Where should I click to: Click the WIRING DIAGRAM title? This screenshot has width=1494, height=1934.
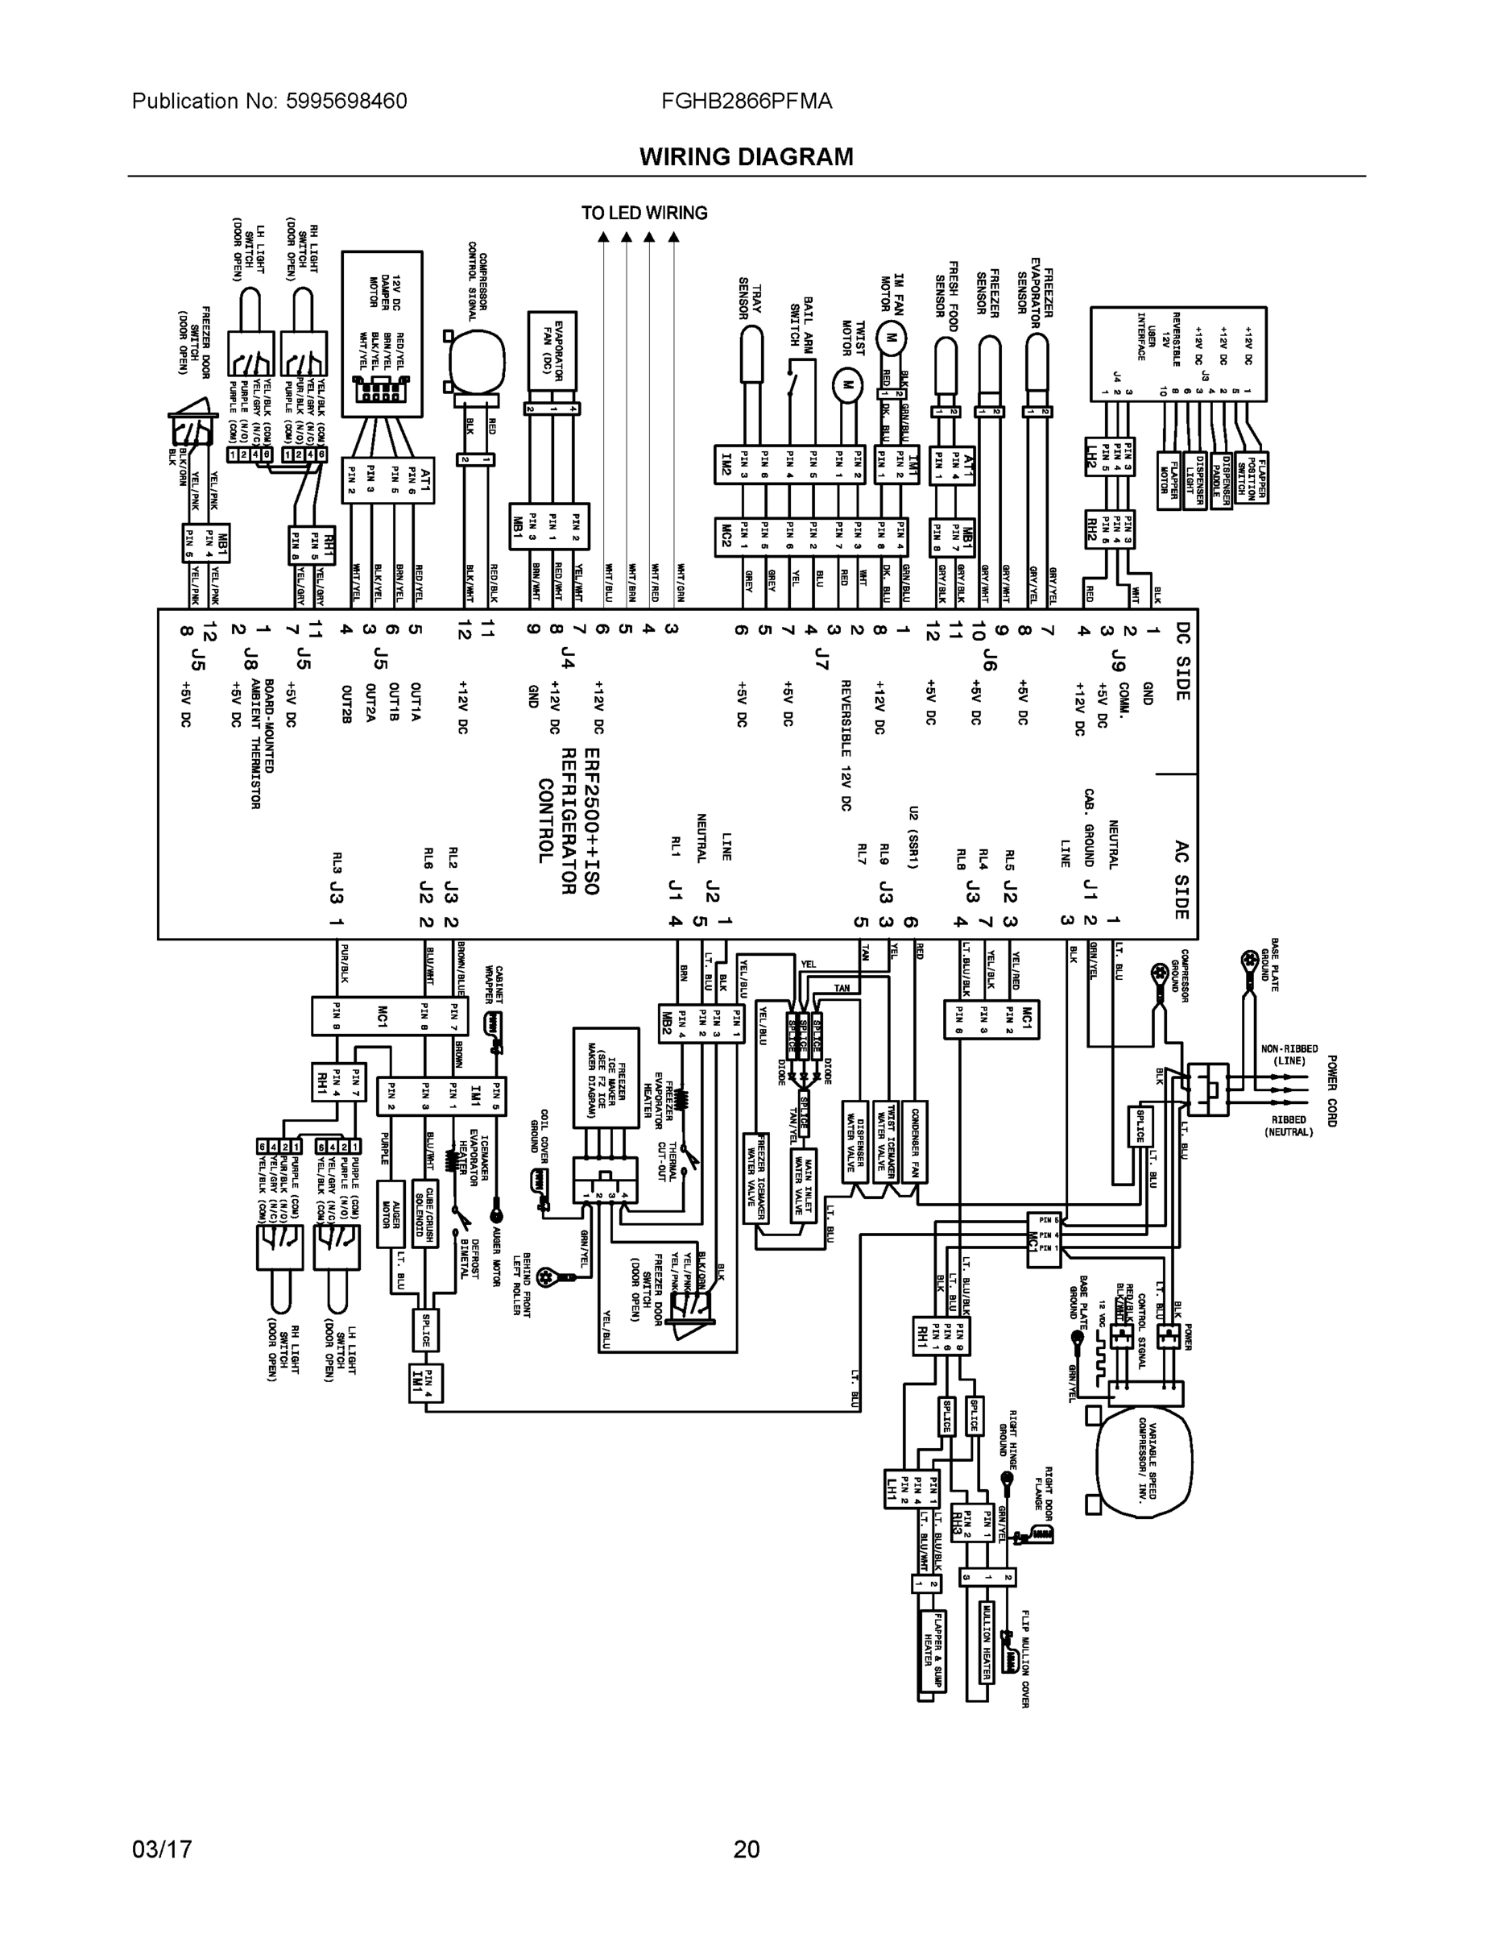click(746, 157)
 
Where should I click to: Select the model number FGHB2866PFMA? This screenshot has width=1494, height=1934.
click(746, 101)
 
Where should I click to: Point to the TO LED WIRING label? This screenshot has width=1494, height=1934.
click(644, 214)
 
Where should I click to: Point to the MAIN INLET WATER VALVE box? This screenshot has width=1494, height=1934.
click(804, 1185)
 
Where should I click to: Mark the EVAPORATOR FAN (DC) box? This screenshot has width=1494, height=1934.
click(552, 357)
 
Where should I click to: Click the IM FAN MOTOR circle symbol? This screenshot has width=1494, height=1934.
click(892, 338)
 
